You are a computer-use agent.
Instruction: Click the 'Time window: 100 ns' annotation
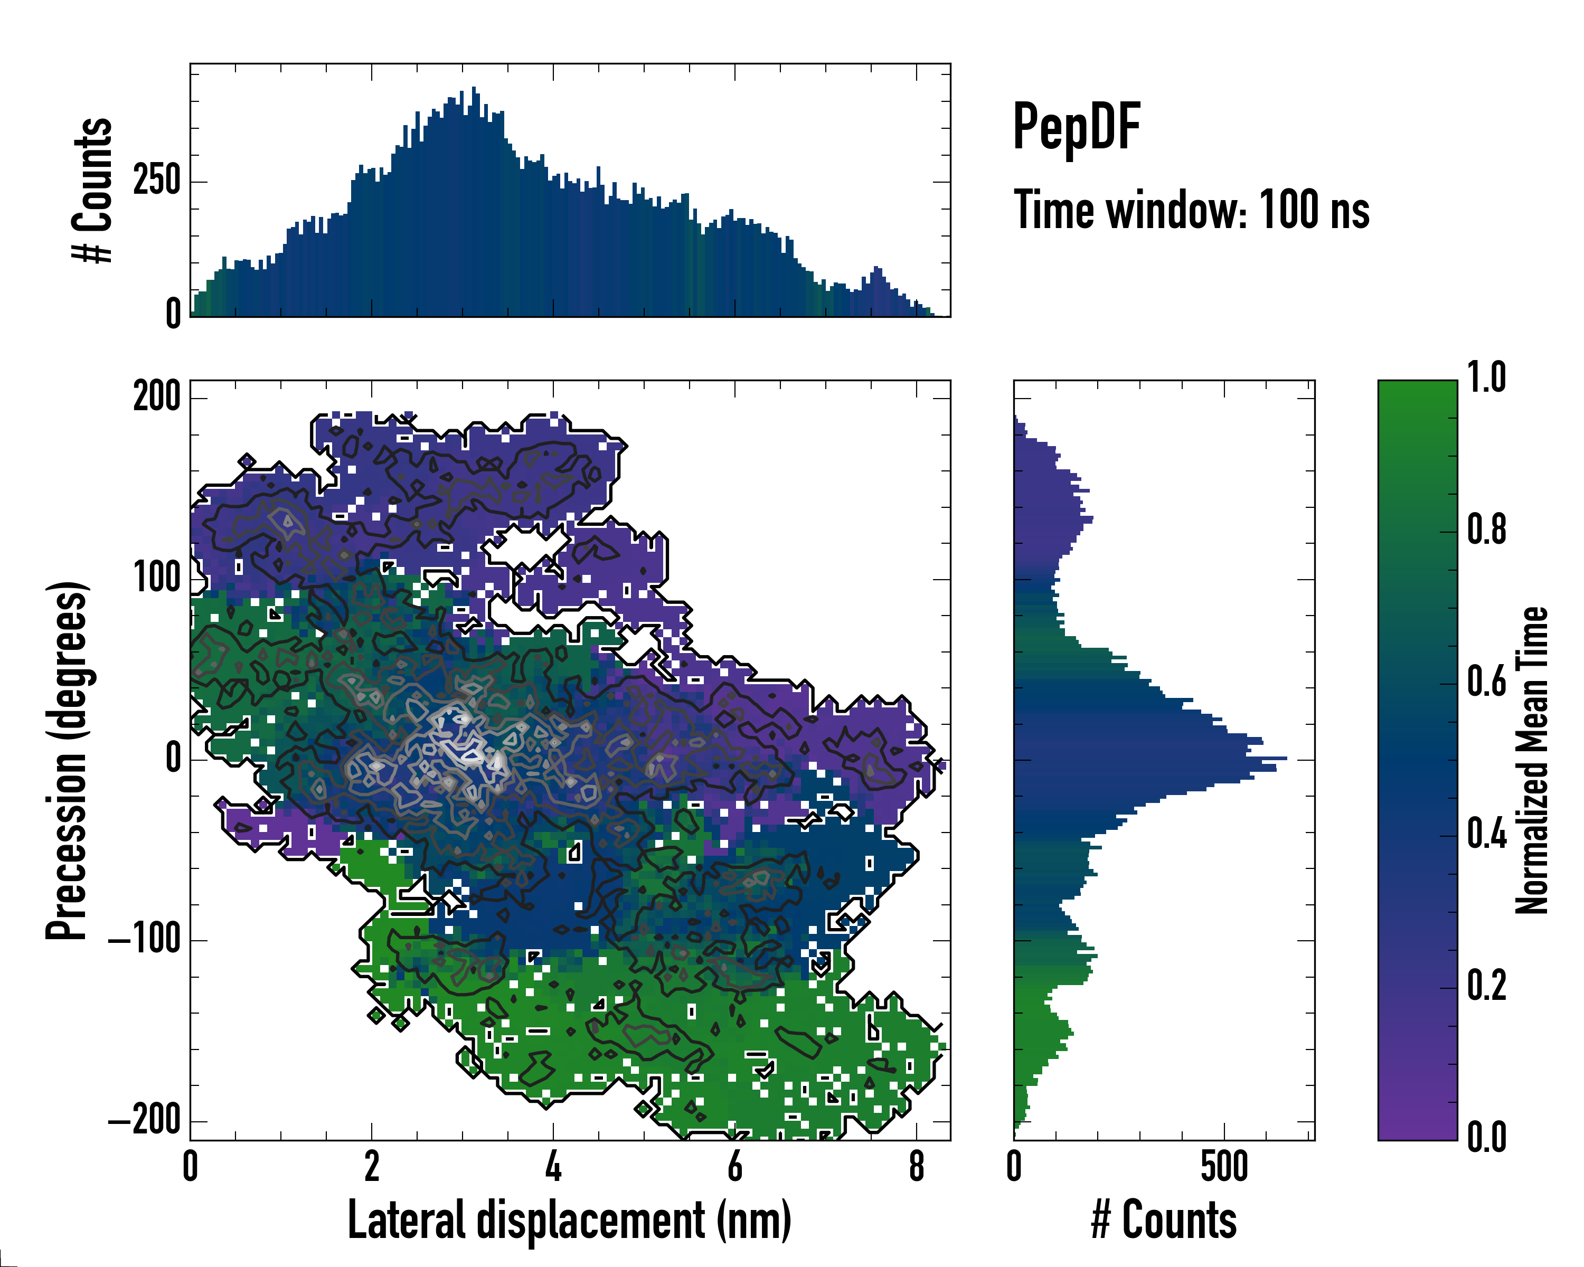[1191, 210]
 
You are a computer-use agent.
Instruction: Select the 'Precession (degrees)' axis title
[67, 760]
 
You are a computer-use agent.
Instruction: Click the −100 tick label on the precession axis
[145, 940]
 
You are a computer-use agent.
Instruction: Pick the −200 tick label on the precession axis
[145, 1121]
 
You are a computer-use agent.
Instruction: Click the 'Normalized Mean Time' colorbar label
[1532, 760]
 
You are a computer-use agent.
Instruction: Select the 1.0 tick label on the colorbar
[1486, 379]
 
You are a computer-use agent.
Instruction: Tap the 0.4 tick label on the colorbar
[1486, 835]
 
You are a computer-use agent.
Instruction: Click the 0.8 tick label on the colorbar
[1486, 531]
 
